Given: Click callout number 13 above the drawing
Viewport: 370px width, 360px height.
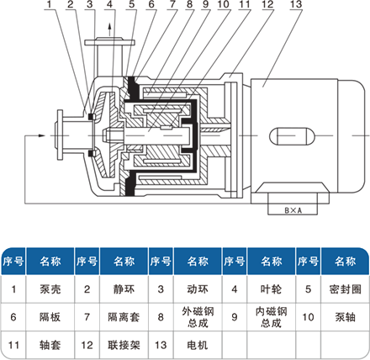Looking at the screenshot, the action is [296, 4].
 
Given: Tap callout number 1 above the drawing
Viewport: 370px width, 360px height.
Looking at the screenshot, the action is [50, 4].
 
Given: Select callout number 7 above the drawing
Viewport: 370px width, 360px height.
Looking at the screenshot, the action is [172, 4].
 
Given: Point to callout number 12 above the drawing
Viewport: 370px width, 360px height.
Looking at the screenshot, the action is [267, 4].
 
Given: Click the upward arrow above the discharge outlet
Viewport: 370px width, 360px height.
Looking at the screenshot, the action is [109, 29].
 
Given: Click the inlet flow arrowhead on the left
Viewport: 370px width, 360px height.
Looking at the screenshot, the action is [41, 135].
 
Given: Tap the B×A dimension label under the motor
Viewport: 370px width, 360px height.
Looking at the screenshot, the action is [293, 210].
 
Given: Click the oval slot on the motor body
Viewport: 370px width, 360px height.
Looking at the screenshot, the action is [292, 136].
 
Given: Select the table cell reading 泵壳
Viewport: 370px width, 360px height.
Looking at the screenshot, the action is [50, 289].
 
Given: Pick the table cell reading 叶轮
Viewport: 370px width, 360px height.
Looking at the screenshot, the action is [271, 289].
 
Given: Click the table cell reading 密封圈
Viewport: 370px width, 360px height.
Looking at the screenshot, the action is [345, 289].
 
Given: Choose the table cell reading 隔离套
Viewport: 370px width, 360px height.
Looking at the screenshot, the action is [124, 317].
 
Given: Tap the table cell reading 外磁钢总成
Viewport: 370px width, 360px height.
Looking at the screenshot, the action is [198, 317].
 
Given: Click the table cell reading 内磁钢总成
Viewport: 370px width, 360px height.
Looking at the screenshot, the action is [271, 317].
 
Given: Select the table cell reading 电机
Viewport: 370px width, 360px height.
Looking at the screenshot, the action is [198, 345].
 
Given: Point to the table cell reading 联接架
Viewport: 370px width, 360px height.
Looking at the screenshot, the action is [124, 345].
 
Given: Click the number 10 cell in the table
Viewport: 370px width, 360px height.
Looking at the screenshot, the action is [308, 317].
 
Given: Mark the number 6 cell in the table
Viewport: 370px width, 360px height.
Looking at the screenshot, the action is [13, 317].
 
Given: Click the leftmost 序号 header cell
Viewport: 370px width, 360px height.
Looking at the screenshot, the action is [13, 262].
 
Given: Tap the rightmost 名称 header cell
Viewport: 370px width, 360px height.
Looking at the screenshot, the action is [345, 262].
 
